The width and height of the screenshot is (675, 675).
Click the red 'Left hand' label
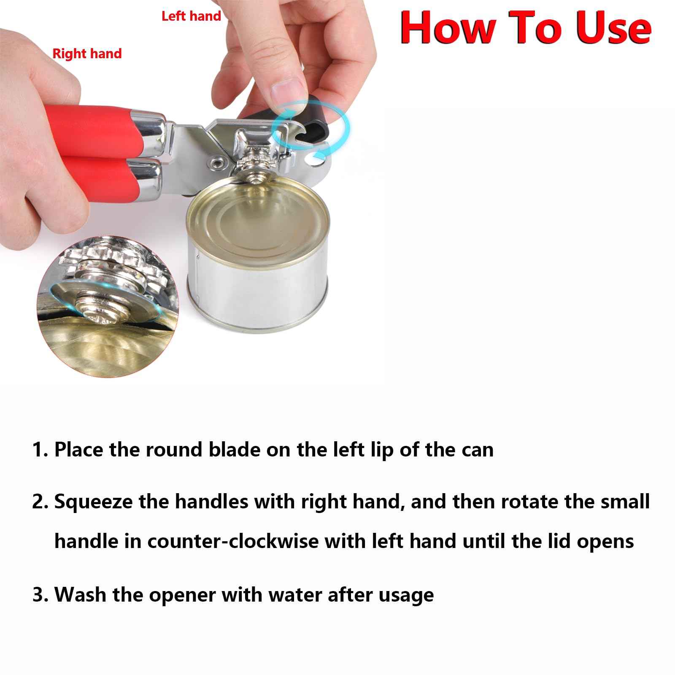[191, 16]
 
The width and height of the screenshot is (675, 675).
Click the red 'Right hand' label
[87, 54]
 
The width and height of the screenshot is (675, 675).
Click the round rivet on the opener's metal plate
[218, 160]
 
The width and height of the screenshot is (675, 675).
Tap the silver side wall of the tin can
[257, 291]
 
